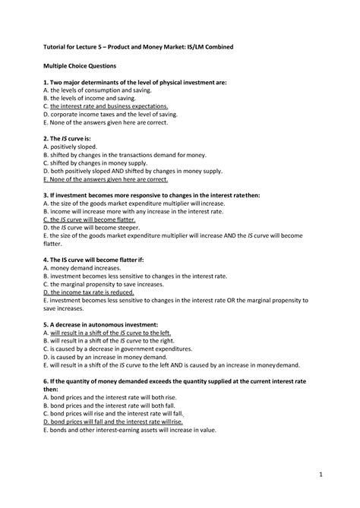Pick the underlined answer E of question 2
(106, 180)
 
